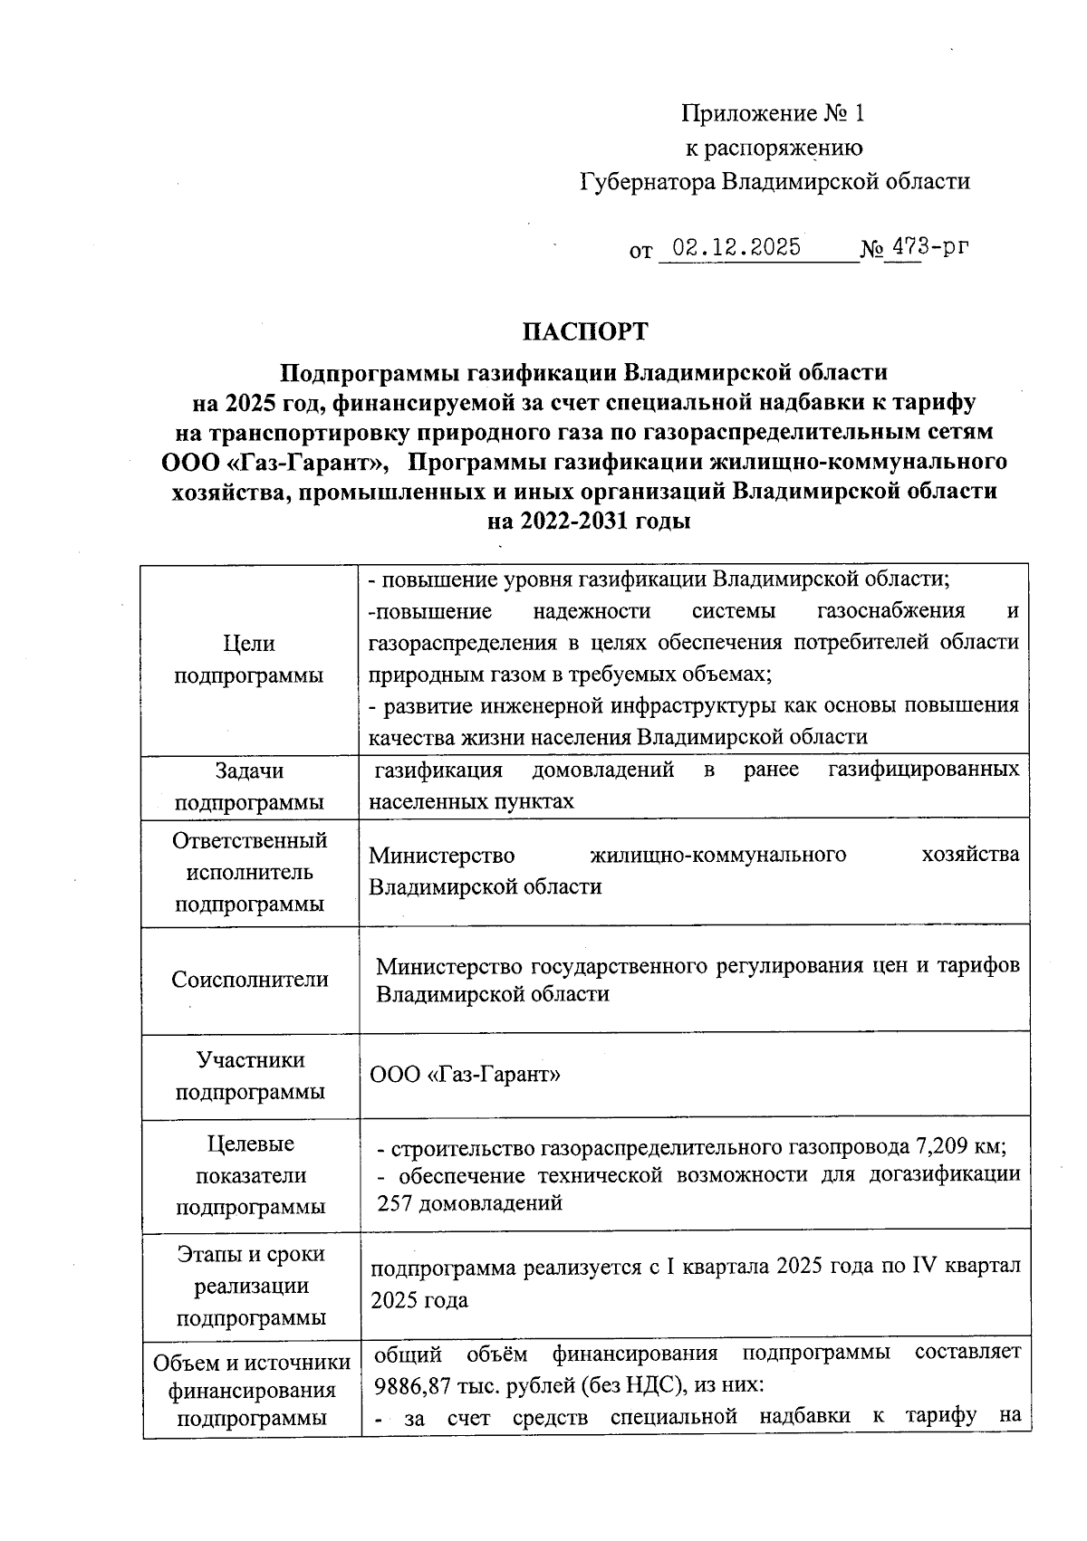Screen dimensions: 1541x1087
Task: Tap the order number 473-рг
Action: (923, 246)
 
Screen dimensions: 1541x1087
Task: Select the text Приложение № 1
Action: (773, 113)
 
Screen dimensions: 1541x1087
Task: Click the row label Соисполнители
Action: (250, 979)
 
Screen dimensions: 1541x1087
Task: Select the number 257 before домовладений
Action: (395, 1203)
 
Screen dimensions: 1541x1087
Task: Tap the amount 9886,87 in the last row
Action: (410, 1385)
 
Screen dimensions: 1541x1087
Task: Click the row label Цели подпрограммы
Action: (249, 659)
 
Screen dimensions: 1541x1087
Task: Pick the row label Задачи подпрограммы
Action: (249, 786)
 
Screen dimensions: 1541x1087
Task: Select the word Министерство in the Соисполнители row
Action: (448, 966)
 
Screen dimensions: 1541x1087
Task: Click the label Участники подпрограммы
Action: (250, 1075)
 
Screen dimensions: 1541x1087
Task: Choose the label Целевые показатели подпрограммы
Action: (250, 1175)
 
